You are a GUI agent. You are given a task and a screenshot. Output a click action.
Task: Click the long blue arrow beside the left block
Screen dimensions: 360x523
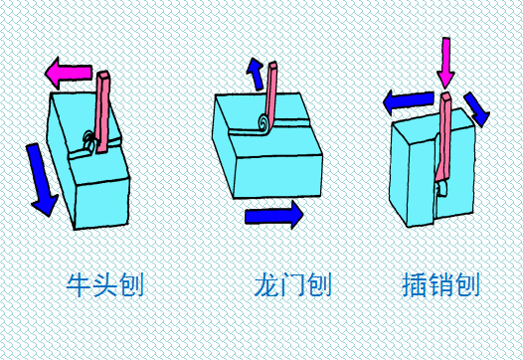(x=41, y=178)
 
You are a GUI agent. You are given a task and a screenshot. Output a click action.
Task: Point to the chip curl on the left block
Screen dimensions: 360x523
(x=89, y=143)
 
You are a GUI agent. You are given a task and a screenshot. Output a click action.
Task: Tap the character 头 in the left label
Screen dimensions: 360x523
(x=103, y=286)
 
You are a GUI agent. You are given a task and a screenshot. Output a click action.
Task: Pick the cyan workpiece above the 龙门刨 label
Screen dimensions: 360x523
(x=268, y=159)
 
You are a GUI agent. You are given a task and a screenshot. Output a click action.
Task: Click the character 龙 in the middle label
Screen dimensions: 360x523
(x=265, y=286)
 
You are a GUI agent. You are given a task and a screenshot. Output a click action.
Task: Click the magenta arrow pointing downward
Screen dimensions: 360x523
(x=444, y=63)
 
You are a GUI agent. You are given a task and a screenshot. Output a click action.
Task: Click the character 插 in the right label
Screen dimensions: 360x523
(x=419, y=286)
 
